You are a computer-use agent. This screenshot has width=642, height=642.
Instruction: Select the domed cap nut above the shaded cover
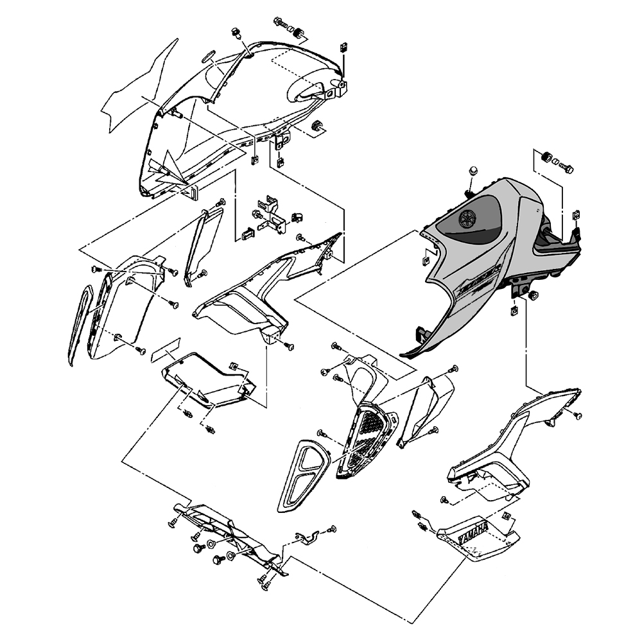pos(473,170)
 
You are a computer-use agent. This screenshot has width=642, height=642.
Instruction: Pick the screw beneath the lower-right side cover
pos(444,499)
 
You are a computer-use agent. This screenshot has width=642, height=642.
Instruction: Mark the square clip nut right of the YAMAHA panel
pos(507,517)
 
